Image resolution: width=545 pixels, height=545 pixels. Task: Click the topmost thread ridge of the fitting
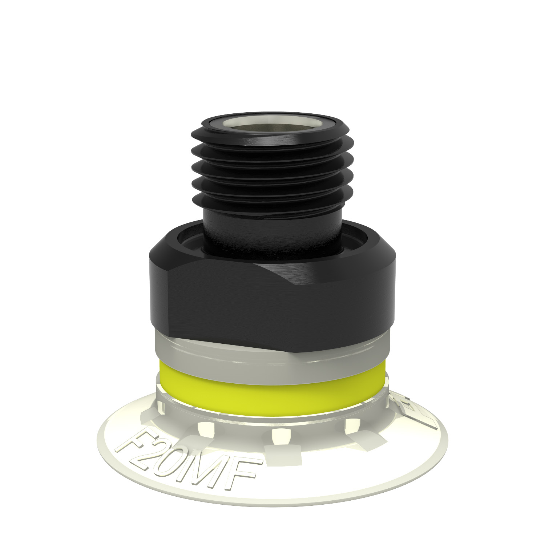(x=271, y=140)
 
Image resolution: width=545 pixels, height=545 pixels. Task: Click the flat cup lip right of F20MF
(x=345, y=469)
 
